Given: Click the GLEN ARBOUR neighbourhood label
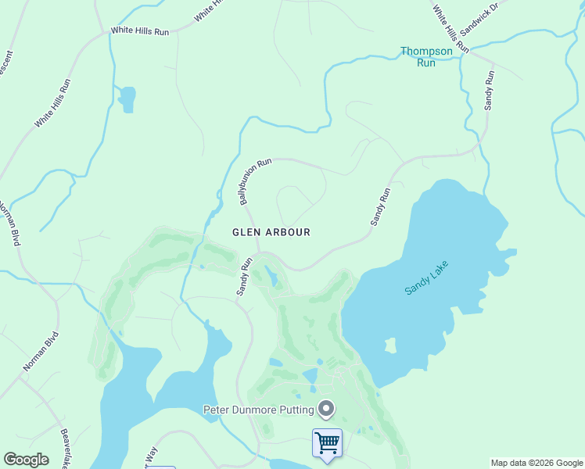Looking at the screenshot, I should [x=271, y=232].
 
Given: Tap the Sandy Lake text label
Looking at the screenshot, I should [x=428, y=277].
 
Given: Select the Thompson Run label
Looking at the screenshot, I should [x=426, y=56].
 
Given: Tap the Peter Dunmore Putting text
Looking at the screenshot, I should [x=258, y=409].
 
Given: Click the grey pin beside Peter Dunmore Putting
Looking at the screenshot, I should [x=326, y=408].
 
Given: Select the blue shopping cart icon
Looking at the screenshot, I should [x=327, y=443].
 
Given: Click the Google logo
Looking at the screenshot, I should [x=26, y=460].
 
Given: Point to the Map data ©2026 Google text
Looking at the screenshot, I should [x=536, y=463].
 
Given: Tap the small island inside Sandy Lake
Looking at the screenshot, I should [x=389, y=345].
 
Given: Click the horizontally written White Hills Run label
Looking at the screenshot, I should [x=140, y=30].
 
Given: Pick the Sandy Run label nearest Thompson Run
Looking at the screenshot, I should [x=490, y=89].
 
